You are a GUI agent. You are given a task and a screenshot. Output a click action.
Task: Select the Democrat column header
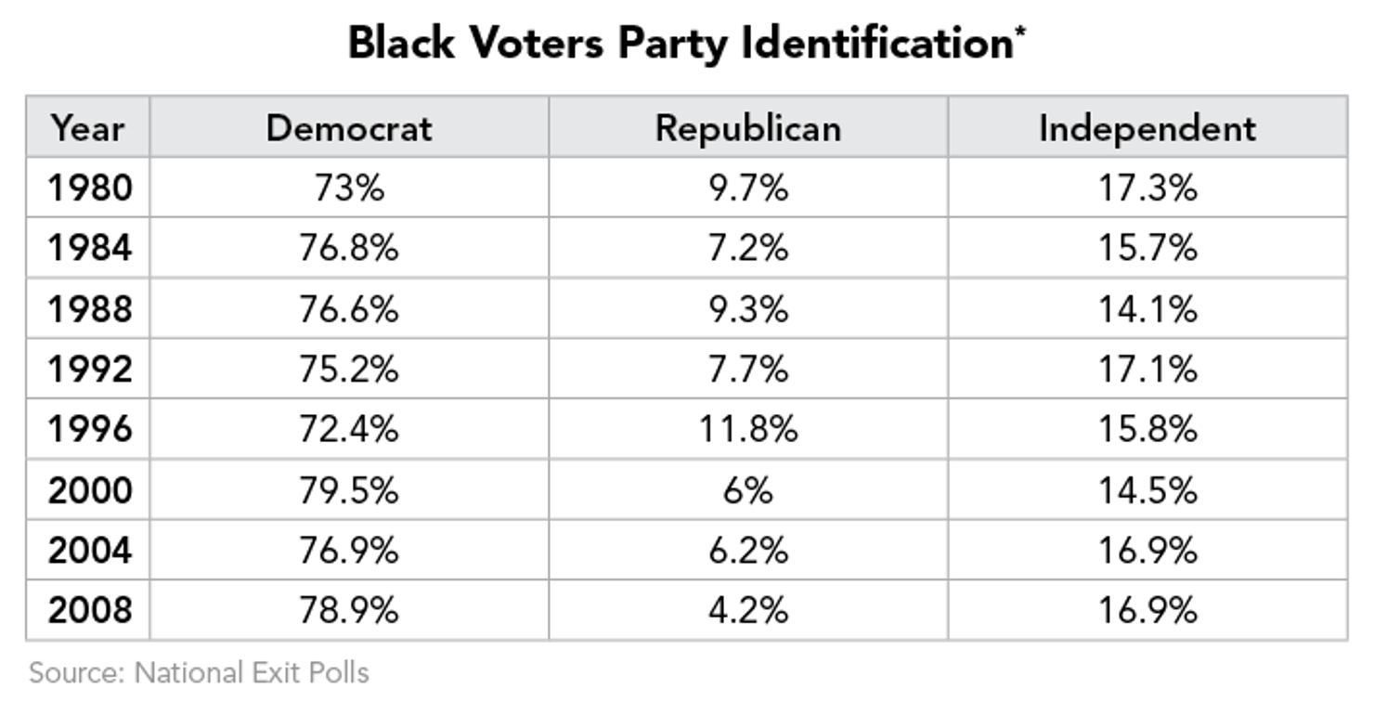click(348, 128)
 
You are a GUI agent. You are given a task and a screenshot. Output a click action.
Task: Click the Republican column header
click(747, 128)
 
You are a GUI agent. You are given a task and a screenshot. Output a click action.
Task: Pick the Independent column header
click(1147, 128)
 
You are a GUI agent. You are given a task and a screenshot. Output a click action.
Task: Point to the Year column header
click(87, 128)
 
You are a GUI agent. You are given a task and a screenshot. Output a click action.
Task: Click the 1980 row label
click(90, 188)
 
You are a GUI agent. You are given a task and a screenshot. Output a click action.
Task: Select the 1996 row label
click(90, 429)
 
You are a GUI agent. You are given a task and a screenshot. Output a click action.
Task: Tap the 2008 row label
click(90, 610)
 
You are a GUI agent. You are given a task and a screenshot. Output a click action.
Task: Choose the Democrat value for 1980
click(348, 188)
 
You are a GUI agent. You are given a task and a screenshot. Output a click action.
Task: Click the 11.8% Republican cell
click(747, 429)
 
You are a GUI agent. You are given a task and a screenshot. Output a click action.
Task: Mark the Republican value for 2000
click(747, 489)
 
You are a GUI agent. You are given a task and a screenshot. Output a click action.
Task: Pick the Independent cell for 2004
click(1147, 550)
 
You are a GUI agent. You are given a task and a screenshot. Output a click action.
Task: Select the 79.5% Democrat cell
click(348, 489)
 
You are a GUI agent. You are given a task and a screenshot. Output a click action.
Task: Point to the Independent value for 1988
click(1147, 309)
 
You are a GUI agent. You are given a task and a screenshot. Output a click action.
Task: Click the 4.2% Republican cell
click(747, 610)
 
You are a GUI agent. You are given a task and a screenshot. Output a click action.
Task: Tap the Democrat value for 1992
click(348, 370)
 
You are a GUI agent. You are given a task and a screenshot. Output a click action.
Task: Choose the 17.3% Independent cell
click(1147, 188)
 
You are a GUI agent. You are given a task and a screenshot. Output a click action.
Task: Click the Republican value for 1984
click(747, 249)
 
